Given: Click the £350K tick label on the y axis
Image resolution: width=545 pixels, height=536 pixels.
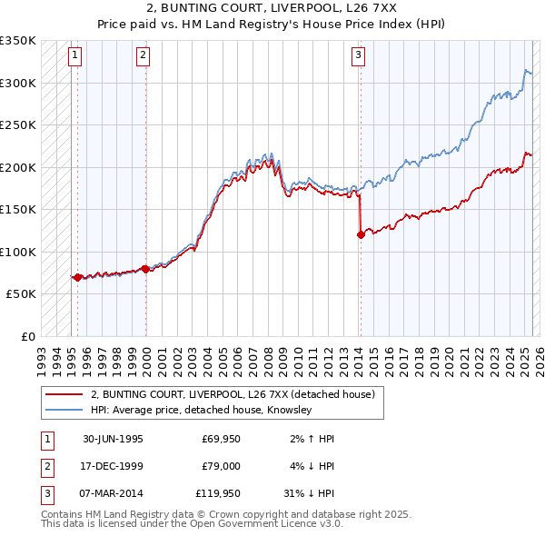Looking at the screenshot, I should [18, 41].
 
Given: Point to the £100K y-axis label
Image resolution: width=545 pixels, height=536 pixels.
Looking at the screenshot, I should [18, 252].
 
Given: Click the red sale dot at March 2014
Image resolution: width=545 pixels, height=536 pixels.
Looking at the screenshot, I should [361, 234].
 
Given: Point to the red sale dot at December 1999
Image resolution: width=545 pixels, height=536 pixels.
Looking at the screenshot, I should [145, 269].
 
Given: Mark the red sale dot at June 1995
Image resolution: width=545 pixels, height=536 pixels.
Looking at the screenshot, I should [78, 277].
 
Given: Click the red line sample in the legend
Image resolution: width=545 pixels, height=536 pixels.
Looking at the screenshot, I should [63, 394].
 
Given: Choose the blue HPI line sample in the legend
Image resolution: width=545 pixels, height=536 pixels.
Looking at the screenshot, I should [63, 410].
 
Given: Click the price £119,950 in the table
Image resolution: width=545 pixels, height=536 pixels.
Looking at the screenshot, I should [219, 495].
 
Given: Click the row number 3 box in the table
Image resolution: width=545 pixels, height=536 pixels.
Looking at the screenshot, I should [46, 495].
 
